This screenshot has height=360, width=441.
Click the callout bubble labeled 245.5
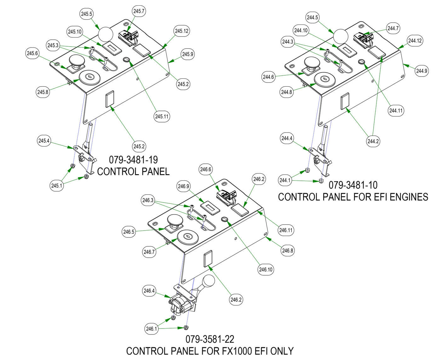(x=87, y=14)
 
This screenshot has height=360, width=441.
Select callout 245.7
(x=139, y=11)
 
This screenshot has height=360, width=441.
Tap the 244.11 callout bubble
(x=396, y=111)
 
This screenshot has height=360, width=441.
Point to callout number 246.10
(x=266, y=269)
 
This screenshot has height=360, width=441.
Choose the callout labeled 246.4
(x=149, y=291)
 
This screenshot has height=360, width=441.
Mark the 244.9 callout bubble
(x=421, y=71)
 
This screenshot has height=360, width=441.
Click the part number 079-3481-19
(x=133, y=159)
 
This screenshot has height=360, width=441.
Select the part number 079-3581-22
(x=210, y=339)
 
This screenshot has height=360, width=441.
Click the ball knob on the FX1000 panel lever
(x=208, y=281)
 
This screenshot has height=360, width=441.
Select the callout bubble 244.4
(x=287, y=138)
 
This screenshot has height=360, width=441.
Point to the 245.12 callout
(x=182, y=31)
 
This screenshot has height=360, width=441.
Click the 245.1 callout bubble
(x=57, y=186)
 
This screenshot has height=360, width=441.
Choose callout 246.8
(x=288, y=251)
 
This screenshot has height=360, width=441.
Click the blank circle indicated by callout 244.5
(x=340, y=36)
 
